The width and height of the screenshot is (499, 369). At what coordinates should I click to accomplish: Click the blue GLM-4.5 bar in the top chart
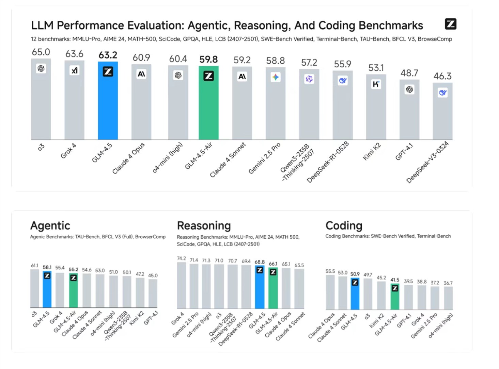click(108, 102)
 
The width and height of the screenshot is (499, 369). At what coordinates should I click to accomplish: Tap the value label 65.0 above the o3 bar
click(41, 52)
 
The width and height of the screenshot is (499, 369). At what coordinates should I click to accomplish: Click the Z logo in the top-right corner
click(451, 24)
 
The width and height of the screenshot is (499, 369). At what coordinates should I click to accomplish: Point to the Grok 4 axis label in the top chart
click(68, 151)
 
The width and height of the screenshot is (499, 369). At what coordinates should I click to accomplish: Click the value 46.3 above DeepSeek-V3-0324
click(442, 76)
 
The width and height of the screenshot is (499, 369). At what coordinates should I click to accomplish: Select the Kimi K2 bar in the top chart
click(376, 109)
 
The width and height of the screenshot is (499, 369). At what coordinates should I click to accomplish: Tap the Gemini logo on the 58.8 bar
click(276, 77)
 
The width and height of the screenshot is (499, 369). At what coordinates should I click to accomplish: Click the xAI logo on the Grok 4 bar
click(75, 70)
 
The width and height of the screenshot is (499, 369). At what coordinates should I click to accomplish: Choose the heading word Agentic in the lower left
click(50, 225)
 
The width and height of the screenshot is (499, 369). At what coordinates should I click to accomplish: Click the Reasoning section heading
click(204, 225)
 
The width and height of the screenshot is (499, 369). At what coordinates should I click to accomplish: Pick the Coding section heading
click(344, 225)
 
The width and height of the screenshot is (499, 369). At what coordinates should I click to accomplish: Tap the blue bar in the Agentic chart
click(47, 291)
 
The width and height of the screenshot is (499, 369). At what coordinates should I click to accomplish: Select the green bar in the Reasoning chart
click(273, 289)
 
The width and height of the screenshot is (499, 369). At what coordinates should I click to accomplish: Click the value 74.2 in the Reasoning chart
click(182, 258)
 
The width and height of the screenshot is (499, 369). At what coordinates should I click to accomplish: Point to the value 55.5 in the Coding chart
click(330, 271)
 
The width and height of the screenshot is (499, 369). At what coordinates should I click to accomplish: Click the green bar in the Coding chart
click(395, 298)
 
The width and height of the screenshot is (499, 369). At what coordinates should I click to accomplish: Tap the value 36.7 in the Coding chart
click(448, 283)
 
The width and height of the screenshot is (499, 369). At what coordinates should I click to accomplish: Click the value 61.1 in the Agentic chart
click(34, 266)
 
